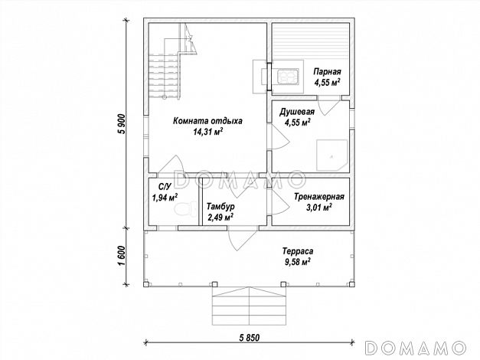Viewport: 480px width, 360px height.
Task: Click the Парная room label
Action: (327, 72)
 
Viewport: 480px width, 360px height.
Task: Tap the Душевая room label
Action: (297, 112)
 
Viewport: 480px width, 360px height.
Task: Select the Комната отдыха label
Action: (207, 121)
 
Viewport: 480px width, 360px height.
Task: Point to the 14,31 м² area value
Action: (207, 132)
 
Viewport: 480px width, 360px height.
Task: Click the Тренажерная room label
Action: (319, 197)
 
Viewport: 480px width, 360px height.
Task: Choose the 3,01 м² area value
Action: (319, 208)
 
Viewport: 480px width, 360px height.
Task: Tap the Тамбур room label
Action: (220, 207)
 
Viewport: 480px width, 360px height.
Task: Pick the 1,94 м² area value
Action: (165, 198)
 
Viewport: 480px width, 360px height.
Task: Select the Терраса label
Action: (298, 251)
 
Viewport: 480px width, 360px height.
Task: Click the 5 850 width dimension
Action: (250, 338)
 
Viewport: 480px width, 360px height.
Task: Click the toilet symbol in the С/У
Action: (186, 209)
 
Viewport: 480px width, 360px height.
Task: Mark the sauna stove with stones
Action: (287, 77)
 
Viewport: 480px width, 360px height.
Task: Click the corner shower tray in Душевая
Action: (331, 155)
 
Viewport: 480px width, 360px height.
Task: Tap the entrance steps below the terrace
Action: (250, 306)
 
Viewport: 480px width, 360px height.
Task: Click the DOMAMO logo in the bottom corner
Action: (416, 348)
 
